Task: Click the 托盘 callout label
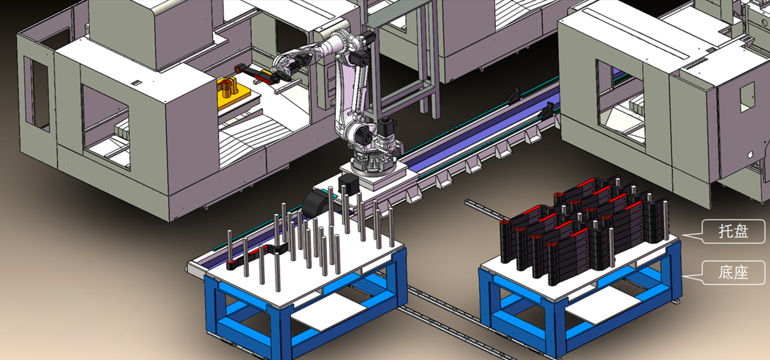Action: [733, 232]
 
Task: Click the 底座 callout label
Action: [733, 272]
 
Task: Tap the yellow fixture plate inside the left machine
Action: [233, 95]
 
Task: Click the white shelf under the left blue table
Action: [329, 312]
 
